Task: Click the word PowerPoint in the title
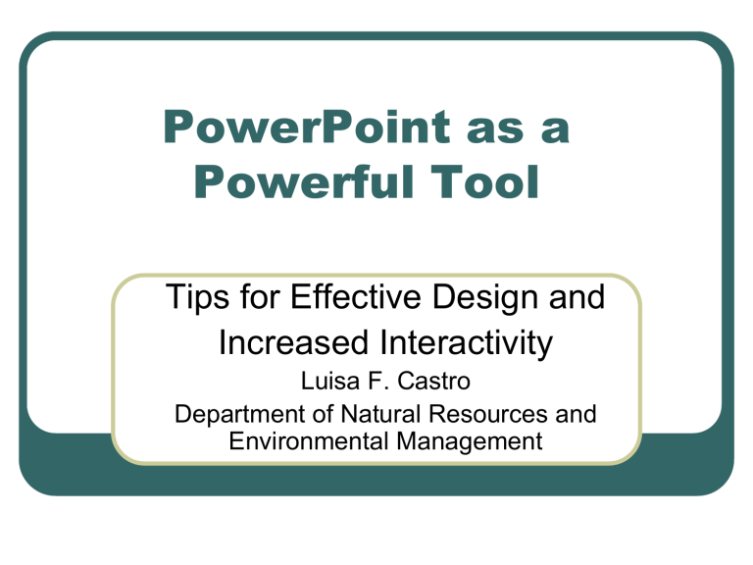click(x=307, y=127)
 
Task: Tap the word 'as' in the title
click(x=495, y=129)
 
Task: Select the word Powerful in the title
click(x=304, y=181)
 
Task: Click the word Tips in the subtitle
click(x=197, y=298)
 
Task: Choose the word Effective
click(x=355, y=296)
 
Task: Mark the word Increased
click(x=293, y=342)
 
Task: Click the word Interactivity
click(x=466, y=344)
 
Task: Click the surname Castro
click(x=433, y=381)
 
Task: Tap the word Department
click(x=239, y=414)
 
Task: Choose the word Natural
click(x=380, y=414)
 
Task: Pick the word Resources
click(x=488, y=414)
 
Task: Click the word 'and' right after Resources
click(x=576, y=414)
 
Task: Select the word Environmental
click(x=308, y=441)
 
